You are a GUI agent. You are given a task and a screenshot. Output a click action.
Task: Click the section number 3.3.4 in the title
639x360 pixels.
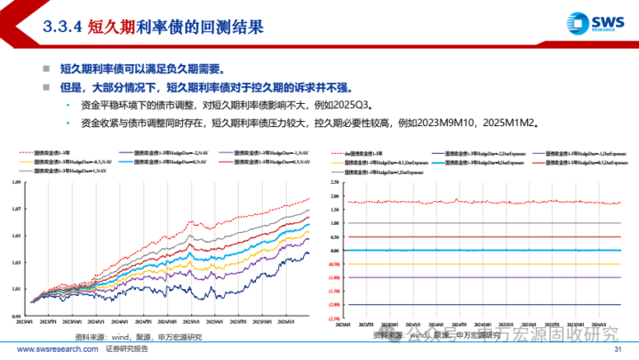(60, 27)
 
